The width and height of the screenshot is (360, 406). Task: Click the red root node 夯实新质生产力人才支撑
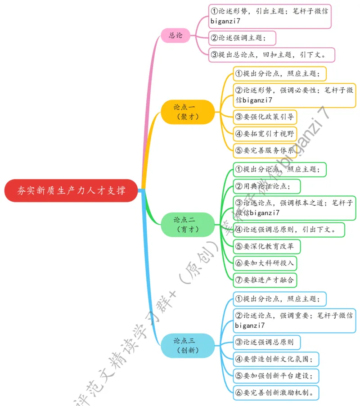(71, 190)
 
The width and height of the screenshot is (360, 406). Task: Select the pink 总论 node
(175, 35)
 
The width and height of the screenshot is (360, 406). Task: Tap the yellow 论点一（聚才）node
(188, 112)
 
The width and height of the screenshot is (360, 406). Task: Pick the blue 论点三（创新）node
(188, 345)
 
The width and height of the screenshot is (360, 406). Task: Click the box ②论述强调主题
(242, 38)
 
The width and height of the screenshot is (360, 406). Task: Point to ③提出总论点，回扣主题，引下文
(272, 55)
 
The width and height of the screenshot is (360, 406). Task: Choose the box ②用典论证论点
(267, 186)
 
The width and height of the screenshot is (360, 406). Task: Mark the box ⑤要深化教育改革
(267, 246)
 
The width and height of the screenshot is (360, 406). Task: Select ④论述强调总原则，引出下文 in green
(289, 230)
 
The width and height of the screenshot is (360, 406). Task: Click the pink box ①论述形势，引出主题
(270, 16)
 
